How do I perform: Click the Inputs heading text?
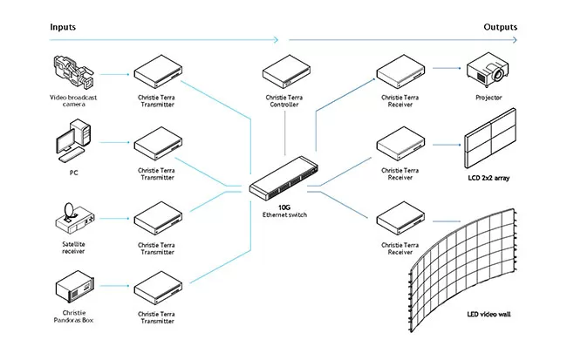click(62, 27)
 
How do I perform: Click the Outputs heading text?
click(500, 27)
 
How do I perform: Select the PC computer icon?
click(72, 144)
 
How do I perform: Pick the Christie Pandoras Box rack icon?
click(73, 288)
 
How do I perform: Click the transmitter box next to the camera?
click(157, 70)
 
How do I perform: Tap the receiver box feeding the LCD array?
click(400, 142)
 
